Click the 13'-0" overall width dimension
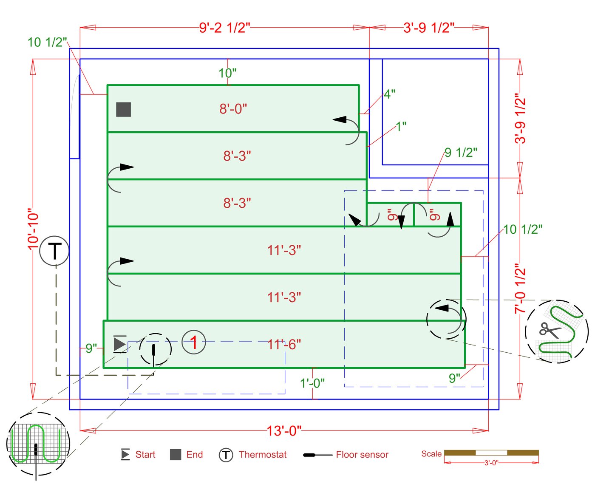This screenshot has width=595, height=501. [x=284, y=431]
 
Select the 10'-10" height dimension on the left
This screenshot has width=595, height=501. [x=33, y=229]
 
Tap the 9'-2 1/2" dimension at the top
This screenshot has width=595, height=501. [x=224, y=28]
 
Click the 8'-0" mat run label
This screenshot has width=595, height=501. [x=233, y=109]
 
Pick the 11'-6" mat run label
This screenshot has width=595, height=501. [x=284, y=344]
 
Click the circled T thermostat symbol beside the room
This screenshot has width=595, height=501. [x=54, y=251]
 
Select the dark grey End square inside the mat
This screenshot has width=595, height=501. [x=124, y=109]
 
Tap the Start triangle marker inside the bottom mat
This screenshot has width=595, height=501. [x=119, y=344]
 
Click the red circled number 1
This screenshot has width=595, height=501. [x=194, y=342]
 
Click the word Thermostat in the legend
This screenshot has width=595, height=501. [x=263, y=455]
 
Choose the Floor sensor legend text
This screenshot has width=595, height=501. [x=362, y=455]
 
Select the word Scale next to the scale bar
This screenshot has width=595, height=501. [x=431, y=454]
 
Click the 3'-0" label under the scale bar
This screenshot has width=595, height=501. [x=491, y=463]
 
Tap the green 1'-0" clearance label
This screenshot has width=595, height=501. [x=312, y=383]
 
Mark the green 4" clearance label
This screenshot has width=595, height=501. [x=389, y=94]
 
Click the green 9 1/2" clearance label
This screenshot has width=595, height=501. [x=461, y=153]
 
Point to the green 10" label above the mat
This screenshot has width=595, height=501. [x=227, y=73]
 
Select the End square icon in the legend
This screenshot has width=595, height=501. [x=176, y=455]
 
